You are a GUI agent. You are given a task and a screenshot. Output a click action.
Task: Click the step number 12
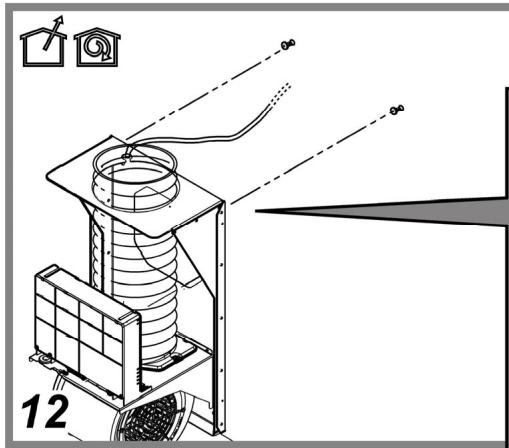pyautogui.click(x=45, y=411)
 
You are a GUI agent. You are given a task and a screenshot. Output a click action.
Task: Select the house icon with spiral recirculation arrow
pyautogui.click(x=97, y=47)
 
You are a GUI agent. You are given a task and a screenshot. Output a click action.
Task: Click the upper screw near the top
pyautogui.click(x=288, y=44)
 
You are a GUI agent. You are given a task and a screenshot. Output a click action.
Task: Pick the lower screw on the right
pyautogui.click(x=397, y=109)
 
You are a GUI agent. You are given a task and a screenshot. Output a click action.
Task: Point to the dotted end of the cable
pyautogui.click(x=280, y=94)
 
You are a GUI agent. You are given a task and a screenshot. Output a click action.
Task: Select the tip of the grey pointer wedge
pyautogui.click(x=256, y=211)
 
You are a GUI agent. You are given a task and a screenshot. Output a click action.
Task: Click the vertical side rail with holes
pyautogui.click(x=221, y=317)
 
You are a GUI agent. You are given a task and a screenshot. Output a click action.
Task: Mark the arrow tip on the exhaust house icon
pyautogui.click(x=61, y=16)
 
